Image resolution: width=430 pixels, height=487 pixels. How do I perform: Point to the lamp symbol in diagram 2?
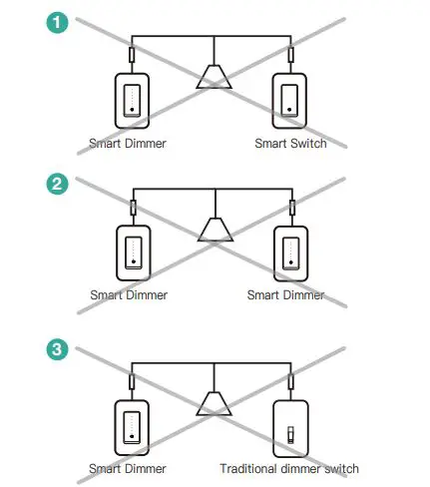click(213, 230)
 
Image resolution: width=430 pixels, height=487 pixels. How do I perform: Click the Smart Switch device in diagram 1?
click(290, 99)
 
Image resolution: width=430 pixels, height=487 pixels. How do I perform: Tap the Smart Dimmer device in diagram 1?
click(132, 99)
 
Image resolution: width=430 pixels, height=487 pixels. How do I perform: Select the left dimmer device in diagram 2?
click(132, 252)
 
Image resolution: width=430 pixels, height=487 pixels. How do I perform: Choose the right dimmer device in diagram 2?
click(290, 252)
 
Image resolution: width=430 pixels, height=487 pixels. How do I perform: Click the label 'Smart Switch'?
click(290, 144)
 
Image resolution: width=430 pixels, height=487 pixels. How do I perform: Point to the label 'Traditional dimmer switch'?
click(289, 468)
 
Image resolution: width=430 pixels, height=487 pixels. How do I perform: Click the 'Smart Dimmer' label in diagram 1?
click(128, 144)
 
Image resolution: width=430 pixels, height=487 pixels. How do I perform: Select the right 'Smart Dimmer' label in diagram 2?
click(287, 295)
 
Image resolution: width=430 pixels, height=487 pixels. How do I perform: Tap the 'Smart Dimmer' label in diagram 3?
click(128, 468)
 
